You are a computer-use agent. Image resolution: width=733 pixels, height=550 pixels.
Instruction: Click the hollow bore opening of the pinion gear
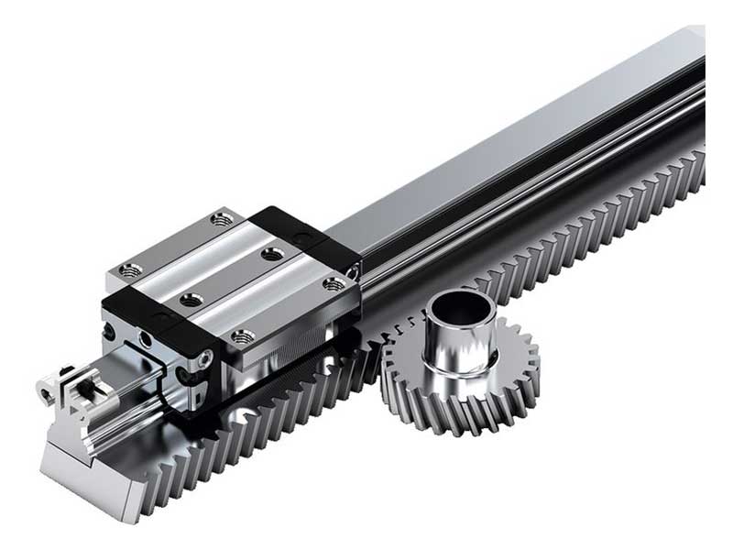pyautogui.click(x=459, y=302)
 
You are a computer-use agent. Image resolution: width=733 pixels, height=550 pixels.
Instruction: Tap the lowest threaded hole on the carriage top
pyautogui.click(x=242, y=336)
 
